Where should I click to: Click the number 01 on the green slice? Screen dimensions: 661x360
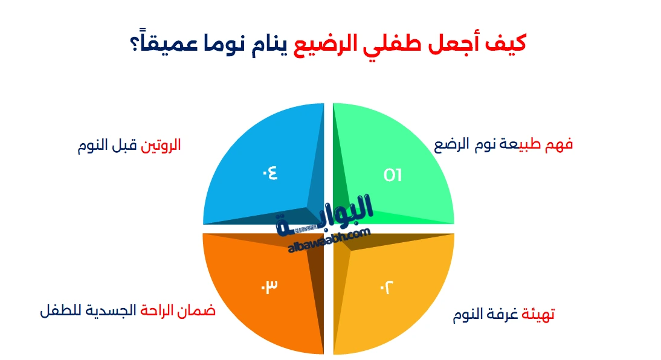(393, 175)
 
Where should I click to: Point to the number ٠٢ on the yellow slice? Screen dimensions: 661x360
(387, 288)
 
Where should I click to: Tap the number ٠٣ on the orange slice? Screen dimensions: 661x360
(269, 287)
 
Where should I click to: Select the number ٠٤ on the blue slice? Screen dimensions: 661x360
(270, 173)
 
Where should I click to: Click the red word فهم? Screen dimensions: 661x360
(558, 144)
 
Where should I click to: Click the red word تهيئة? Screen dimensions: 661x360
(538, 314)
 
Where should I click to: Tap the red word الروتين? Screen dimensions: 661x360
(161, 146)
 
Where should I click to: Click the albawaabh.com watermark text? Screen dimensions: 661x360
(329, 240)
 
